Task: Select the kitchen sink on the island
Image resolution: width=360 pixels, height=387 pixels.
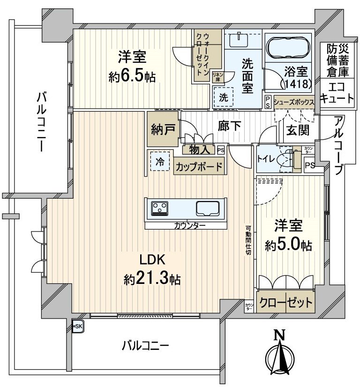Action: pos(209,208)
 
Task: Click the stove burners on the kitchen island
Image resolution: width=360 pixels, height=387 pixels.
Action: pos(160,208)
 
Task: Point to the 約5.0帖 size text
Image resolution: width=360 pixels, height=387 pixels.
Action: pos(289,245)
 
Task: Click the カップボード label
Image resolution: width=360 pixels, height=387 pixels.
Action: pos(199,165)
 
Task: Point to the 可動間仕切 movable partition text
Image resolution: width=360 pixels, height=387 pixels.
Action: pos(248,241)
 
